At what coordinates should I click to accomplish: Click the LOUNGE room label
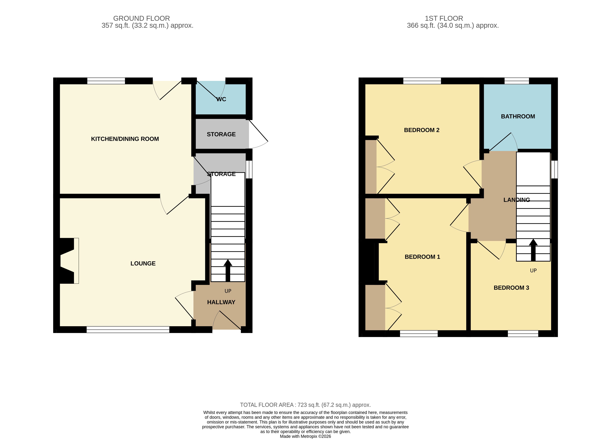[x=143, y=263]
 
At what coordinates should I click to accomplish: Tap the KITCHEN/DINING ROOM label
[x=125, y=139]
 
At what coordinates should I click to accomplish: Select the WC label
[x=221, y=99]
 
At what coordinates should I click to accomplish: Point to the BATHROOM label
[x=518, y=116]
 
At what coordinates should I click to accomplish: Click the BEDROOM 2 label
[x=422, y=130]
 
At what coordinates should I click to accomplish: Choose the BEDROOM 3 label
[x=511, y=288]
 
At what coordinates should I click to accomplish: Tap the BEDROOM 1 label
[x=422, y=257]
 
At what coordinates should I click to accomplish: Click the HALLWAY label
[x=221, y=302]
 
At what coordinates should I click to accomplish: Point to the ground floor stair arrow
[x=228, y=270]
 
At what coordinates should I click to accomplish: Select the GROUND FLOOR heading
[x=141, y=18]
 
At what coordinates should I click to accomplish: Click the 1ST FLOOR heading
[x=444, y=18]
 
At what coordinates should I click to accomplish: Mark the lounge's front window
[x=128, y=330]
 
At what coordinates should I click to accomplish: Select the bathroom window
[x=517, y=81]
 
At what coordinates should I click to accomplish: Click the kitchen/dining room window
[x=106, y=81]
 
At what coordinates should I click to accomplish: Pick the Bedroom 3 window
[x=523, y=334]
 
